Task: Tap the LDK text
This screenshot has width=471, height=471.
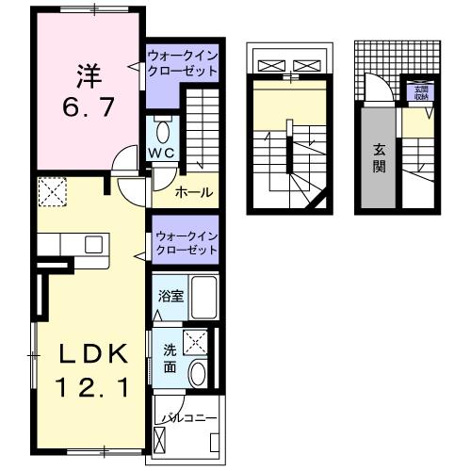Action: coord(90,355)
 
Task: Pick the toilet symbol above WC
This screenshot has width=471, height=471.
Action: coord(160,129)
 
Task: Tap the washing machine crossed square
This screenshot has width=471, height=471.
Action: coord(196,342)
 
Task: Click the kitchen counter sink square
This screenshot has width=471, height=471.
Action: coord(93,244)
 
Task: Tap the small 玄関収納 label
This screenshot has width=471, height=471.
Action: coord(420,91)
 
